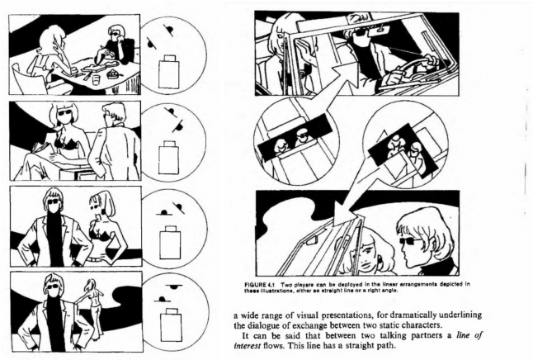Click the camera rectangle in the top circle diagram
169,72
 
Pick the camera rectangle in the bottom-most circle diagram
171,324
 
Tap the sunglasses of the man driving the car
361,34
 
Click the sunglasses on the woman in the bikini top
64,112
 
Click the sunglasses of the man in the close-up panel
411,241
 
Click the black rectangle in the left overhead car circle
295,137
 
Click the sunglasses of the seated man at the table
114,33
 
